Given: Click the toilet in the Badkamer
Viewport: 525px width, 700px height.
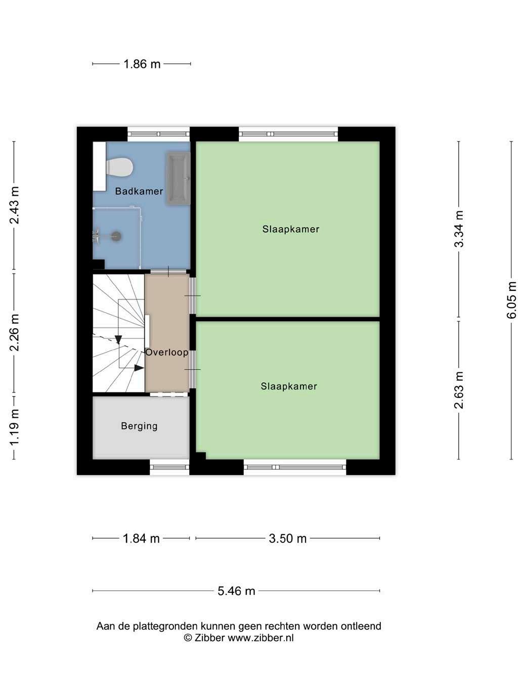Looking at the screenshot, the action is point(119,167).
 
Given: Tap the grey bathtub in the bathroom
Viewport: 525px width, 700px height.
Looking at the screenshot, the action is point(178,178).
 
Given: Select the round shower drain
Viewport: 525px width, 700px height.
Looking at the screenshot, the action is point(117,236).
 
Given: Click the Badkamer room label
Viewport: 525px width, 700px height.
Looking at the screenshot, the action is point(139,191).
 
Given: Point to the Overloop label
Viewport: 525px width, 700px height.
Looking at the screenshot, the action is point(167,353).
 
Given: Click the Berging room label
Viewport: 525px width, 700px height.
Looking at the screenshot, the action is point(139,426).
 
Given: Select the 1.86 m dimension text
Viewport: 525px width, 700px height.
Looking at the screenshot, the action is point(142,64).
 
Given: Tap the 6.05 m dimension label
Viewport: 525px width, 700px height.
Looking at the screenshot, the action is point(511,300).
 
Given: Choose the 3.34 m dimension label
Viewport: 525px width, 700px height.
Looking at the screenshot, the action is point(459,229).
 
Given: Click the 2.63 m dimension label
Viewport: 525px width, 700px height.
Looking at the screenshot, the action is point(459,390).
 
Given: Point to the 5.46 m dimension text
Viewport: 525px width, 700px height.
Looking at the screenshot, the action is point(236,591).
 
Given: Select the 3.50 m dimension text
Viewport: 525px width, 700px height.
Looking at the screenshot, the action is point(287,538).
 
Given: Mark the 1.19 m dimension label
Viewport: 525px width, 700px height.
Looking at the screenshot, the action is point(14,427).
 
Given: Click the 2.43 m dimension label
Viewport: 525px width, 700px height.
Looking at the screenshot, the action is point(14,205).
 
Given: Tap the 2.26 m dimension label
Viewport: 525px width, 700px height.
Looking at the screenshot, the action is point(14,333).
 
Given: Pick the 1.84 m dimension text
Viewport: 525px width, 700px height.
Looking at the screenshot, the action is point(141,538).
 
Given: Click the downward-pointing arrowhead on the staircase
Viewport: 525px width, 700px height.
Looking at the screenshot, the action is point(118,340).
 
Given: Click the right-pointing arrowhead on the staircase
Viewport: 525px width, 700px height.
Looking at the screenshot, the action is point(139,368).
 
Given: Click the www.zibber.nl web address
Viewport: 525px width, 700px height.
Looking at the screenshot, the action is point(261,637).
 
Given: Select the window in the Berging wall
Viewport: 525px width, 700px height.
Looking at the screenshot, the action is point(169,467).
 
